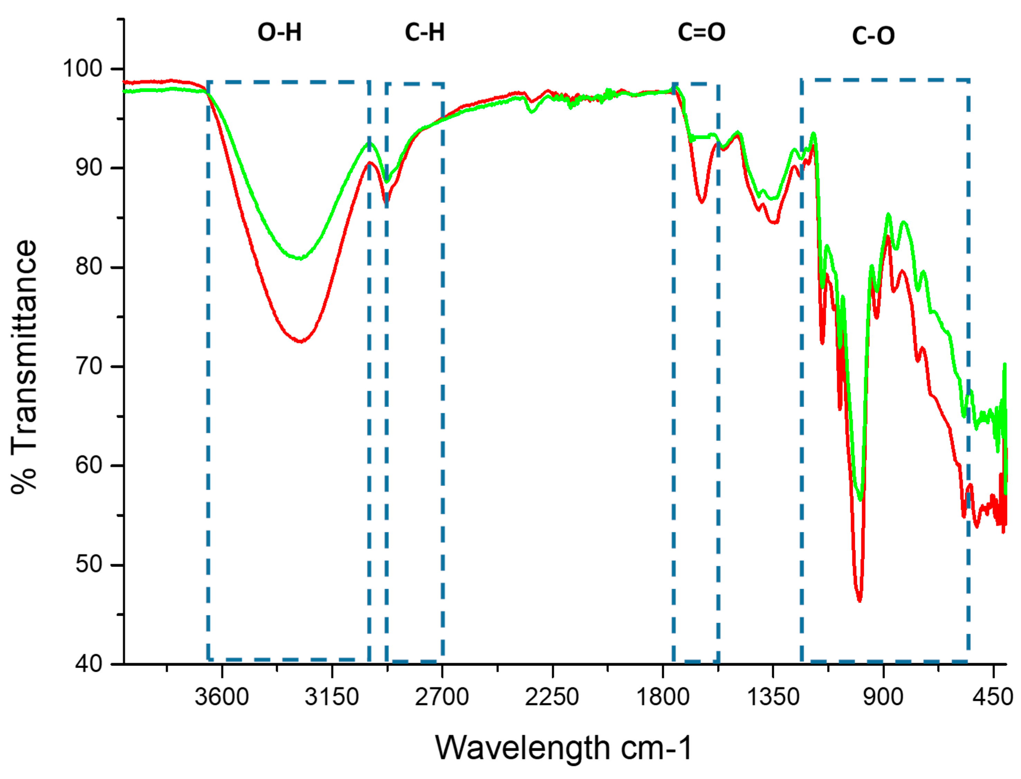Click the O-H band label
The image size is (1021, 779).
click(x=279, y=33)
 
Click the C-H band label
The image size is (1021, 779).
click(x=424, y=33)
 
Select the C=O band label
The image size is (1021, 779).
click(x=701, y=33)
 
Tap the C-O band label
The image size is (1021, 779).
click(x=873, y=36)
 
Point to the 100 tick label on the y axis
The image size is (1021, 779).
click(x=83, y=69)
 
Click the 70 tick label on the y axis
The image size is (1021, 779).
click(x=89, y=366)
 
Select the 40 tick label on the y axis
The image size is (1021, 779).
click(x=89, y=664)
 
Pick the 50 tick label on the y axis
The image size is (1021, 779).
click(x=89, y=564)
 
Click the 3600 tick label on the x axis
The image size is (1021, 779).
click(x=222, y=697)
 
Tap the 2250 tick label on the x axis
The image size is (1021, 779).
click(x=552, y=697)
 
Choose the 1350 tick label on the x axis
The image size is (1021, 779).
click(x=773, y=697)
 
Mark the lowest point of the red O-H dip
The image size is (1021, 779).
click(x=301, y=341)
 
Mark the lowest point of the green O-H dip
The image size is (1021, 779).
click(x=301, y=258)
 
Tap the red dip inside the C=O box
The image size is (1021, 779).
click(x=702, y=202)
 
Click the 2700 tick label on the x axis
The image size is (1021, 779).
click(x=442, y=697)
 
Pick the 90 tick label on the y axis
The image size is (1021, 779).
click(x=89, y=167)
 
